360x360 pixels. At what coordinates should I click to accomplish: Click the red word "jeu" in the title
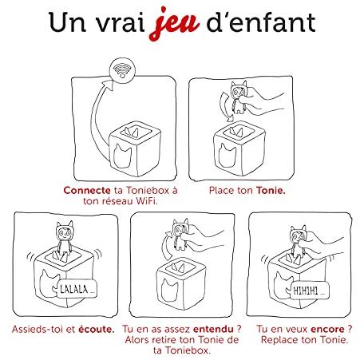coord(174,24)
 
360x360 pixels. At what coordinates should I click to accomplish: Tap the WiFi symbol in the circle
coord(122,71)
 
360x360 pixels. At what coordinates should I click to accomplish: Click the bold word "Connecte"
coord(87,191)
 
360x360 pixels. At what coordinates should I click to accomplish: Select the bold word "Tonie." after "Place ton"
coord(271,191)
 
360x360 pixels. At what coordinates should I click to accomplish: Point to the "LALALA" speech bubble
coord(77,289)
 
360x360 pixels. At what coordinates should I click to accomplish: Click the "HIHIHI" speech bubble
coord(309,291)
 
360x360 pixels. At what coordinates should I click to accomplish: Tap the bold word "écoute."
coord(97,330)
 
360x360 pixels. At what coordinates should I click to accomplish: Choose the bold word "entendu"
coord(213,330)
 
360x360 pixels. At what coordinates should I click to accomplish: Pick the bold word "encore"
coord(327,330)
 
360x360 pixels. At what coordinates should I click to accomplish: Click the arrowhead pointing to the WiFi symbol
coord(109,85)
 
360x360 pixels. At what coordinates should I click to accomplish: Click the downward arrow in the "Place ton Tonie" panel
coord(226,106)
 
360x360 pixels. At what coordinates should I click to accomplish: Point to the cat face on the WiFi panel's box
coord(122,156)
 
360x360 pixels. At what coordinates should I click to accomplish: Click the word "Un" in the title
coord(67,22)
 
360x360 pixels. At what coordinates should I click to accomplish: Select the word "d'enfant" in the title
coord(261,22)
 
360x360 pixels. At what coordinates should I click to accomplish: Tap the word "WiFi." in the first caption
coord(147,201)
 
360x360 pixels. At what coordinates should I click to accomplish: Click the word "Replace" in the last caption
coord(279,340)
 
